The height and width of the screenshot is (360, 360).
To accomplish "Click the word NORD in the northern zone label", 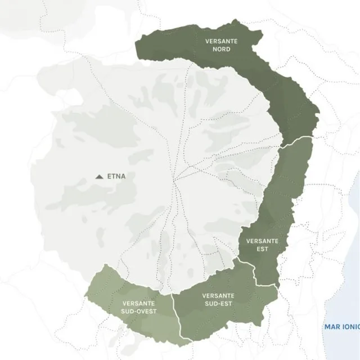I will (222, 49).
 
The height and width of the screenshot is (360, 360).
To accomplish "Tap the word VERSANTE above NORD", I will (222, 41).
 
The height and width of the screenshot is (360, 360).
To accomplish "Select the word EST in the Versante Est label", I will (262, 248).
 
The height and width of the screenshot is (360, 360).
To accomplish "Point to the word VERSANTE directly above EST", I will (262, 241).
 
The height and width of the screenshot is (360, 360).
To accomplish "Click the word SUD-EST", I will (218, 304).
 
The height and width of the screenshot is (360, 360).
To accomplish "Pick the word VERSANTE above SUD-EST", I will (218, 296).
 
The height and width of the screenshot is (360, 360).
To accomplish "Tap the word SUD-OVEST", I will (139, 311).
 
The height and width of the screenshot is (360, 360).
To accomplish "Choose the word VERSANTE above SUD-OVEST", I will (139, 303).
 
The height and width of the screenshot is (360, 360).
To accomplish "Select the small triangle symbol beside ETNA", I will (100, 177).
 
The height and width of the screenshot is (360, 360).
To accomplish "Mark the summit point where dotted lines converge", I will (175, 181).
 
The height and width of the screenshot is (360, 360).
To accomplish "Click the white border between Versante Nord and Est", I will (296, 139).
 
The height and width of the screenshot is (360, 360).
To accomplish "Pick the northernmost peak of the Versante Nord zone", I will (236, 21).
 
